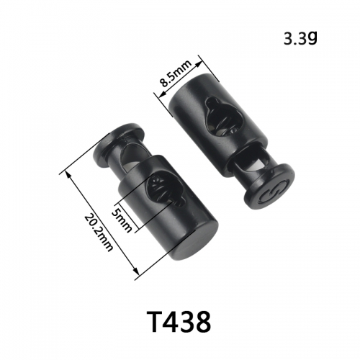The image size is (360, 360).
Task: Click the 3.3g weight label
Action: click(x=300, y=38)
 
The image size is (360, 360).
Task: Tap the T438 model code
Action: click(x=180, y=321)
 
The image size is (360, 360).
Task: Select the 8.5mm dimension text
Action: click(x=176, y=73)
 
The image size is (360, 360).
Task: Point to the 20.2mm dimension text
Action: click(x=99, y=233)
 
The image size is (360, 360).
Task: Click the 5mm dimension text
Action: click(x=122, y=220)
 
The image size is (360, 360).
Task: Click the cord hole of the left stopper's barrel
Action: click(x=166, y=189)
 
